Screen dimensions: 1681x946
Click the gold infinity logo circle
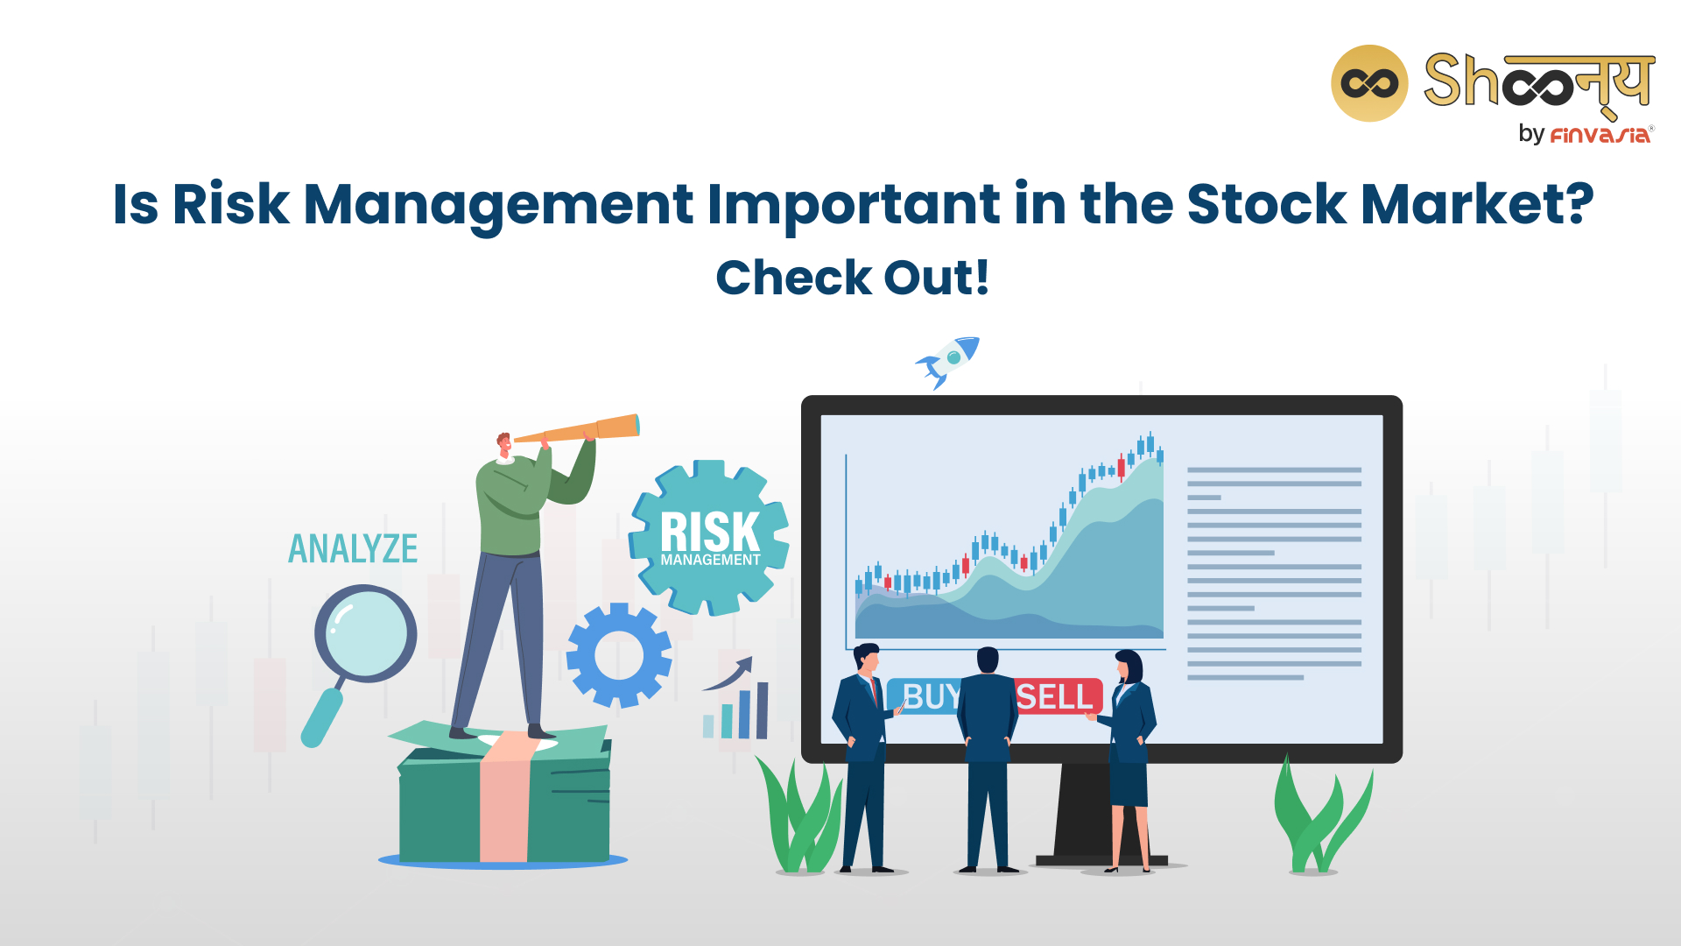click(1369, 83)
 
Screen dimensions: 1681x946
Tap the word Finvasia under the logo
click(1600, 135)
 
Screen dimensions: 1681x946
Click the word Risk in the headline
click(230, 204)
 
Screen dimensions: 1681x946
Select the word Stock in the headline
click(1266, 204)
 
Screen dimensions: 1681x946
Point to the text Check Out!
click(853, 278)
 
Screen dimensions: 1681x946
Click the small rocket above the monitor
click(948, 361)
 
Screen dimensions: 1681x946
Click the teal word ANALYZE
click(353, 549)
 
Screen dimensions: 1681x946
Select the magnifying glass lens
click(366, 633)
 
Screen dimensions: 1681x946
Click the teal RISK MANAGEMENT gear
click(709, 538)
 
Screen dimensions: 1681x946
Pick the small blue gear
click(619, 655)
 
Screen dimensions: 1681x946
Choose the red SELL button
click(1057, 697)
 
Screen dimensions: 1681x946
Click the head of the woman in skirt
click(1129, 666)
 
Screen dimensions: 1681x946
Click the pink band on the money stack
click(505, 798)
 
